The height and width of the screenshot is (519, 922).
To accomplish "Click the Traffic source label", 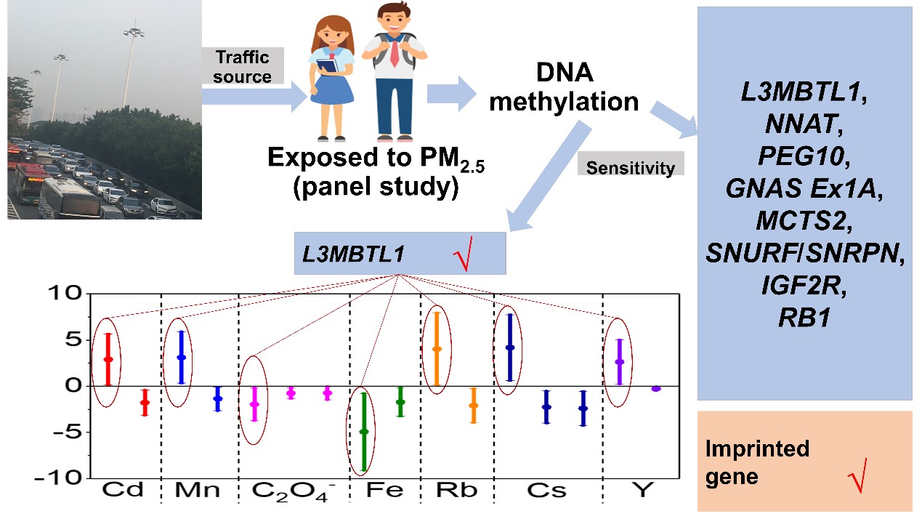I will (242, 66).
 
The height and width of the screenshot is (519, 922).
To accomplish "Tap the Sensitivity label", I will (631, 168).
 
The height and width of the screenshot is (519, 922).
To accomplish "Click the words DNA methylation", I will (564, 87).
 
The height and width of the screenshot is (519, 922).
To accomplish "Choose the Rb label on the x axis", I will (456, 491).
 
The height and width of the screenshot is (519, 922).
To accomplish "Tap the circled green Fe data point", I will (364, 432).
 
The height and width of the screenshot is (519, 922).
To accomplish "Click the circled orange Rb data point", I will (437, 349).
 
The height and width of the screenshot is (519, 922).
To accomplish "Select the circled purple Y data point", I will (619, 362).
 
